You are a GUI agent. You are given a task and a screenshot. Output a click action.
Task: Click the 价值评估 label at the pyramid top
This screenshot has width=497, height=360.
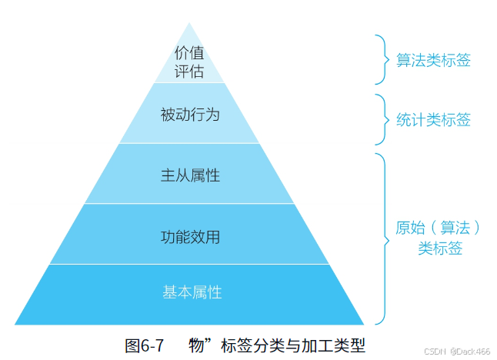pos(189,62)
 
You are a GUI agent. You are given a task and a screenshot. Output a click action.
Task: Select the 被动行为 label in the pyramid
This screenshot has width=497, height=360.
pos(190,115)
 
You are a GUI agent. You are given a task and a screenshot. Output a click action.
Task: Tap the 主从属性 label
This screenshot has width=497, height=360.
pos(190,175)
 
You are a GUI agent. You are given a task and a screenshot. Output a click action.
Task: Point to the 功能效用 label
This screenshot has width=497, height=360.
pos(190,237)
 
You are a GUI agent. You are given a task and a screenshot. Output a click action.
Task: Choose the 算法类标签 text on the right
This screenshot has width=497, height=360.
pos(433,60)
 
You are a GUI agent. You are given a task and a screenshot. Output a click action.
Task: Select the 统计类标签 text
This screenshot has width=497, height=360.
pos(433,120)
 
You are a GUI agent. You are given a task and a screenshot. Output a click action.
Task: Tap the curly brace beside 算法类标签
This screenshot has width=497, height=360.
pos(380,59)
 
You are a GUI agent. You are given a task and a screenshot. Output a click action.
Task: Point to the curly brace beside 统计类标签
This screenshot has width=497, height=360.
pos(380,119)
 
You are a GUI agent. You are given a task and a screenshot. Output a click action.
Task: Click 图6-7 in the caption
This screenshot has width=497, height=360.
pos(144,345)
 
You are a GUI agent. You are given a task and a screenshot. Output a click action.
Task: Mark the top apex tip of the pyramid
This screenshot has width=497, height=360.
pos(189,23)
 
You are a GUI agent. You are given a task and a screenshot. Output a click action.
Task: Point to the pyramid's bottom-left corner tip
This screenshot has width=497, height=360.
pos(15,324)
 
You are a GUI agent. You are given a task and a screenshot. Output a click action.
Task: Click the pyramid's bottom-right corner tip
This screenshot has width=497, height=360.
pos(363,324)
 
